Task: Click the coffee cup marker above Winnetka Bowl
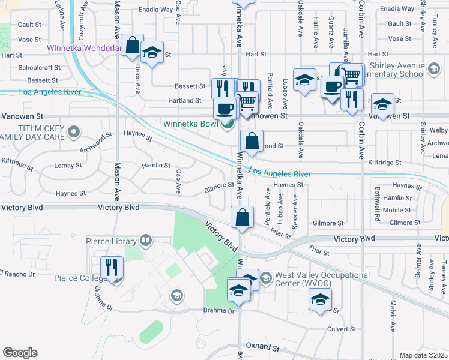225,109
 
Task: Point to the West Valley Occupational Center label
322,279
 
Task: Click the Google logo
20,353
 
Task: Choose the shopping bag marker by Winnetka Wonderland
132,46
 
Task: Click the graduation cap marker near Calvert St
320,299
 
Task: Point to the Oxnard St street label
264,347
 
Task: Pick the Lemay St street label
68,165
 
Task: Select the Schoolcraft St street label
38,68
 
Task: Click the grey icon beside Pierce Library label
146,241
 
